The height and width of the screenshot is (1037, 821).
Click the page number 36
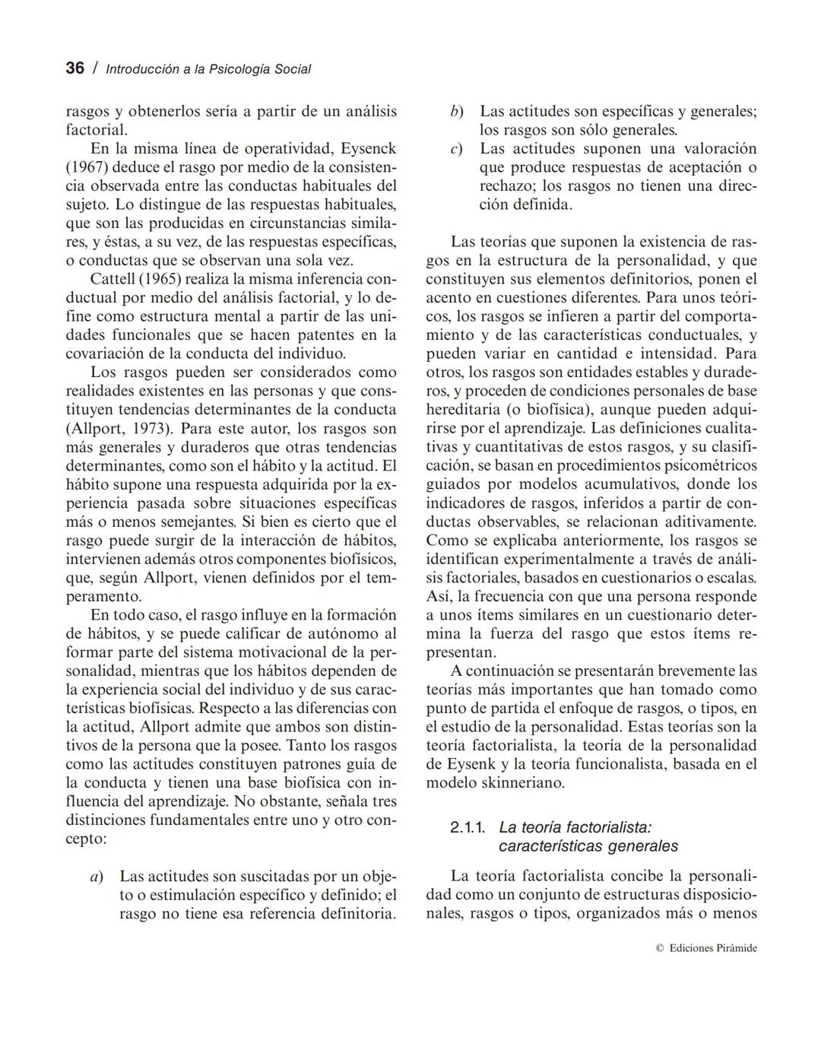[x=74, y=68]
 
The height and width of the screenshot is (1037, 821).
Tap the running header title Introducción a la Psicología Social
[x=208, y=69]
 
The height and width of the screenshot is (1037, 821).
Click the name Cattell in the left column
[x=112, y=279]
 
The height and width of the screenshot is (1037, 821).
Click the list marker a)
[x=97, y=877]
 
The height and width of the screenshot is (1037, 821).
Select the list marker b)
[x=456, y=112]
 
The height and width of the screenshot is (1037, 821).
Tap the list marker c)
[x=456, y=149]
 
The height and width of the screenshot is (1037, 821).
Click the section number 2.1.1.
[x=468, y=827]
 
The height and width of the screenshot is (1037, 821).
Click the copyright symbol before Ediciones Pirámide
[x=659, y=948]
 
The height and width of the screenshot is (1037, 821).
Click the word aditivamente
[x=708, y=522]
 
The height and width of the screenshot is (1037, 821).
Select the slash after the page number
[x=95, y=68]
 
